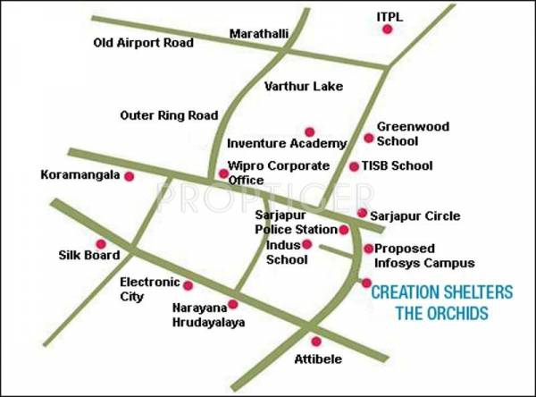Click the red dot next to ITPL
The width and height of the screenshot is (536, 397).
tap(387, 30)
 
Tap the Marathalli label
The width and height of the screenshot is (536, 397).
tap(259, 34)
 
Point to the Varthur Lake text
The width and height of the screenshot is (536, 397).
tap(304, 87)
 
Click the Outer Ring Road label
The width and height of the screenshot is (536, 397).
tap(169, 115)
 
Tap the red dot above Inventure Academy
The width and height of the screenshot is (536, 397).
tap(309, 131)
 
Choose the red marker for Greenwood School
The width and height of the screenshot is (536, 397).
tap(368, 138)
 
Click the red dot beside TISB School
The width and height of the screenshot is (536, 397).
tap(355, 166)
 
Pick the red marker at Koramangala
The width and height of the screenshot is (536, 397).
tap(129, 176)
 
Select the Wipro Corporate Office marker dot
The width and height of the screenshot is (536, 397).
tap(222, 173)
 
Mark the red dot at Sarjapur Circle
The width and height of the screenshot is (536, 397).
tap(362, 213)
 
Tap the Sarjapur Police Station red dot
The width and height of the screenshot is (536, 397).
tap(344, 230)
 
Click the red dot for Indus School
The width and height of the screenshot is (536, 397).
tap(306, 244)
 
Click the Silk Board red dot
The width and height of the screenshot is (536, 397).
tap(101, 243)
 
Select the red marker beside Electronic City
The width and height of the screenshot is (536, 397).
tap(188, 285)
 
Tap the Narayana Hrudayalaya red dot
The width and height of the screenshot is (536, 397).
tap(233, 304)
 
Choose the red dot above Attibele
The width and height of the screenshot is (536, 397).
tap(314, 341)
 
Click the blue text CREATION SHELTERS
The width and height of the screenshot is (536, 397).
tap(441, 292)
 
